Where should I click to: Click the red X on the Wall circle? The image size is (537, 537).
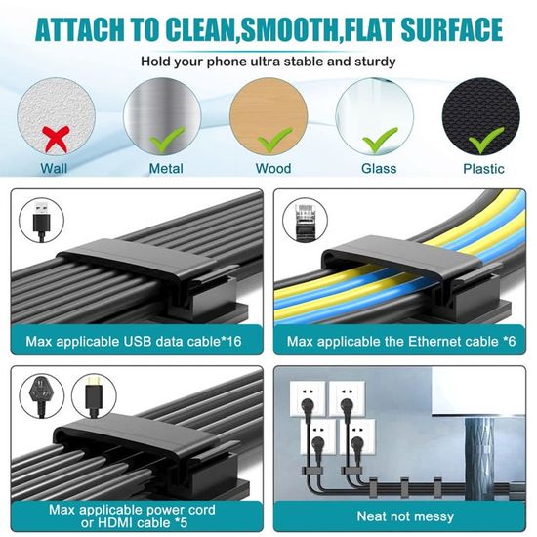56,139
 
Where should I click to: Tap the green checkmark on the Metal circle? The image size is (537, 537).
167,140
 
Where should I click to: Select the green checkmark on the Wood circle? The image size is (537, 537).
274,140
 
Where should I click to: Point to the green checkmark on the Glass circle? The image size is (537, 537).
380,140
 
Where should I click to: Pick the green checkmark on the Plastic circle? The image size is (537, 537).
486,140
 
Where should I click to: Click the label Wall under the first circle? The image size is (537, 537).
54,169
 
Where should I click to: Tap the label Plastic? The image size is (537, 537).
483,169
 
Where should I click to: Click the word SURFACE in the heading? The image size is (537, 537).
451,30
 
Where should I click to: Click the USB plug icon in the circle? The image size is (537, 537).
41,221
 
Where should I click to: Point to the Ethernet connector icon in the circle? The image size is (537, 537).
305,221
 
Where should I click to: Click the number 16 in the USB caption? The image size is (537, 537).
233,341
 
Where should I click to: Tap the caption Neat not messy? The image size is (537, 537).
405,516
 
